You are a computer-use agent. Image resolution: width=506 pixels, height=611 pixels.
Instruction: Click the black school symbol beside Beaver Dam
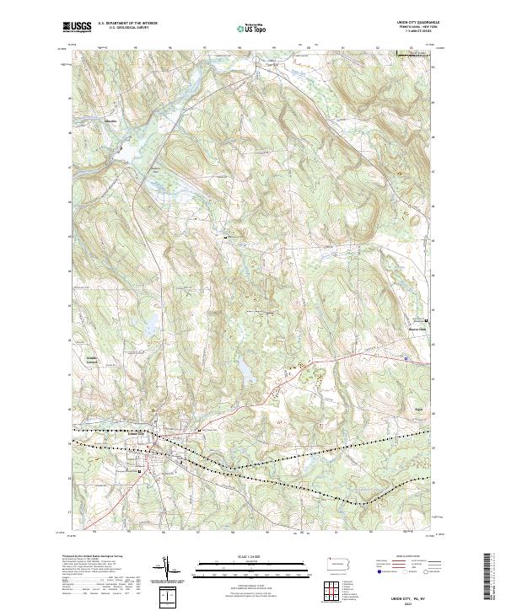[427, 321]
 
